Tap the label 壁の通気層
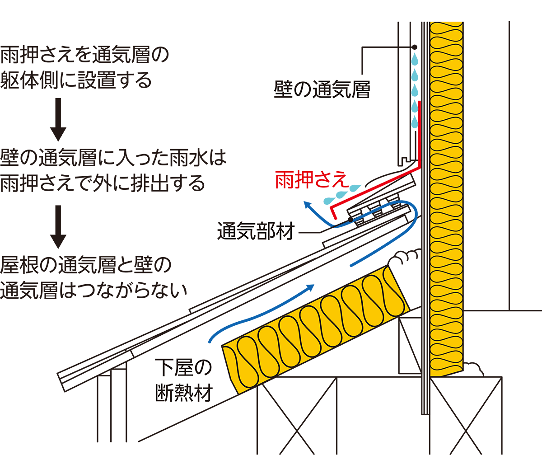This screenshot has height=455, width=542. click(x=322, y=90)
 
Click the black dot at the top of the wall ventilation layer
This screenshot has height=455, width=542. click(x=415, y=47)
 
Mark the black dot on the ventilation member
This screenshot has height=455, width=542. click(x=350, y=220)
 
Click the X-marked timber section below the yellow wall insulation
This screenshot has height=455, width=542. click(x=465, y=416)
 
